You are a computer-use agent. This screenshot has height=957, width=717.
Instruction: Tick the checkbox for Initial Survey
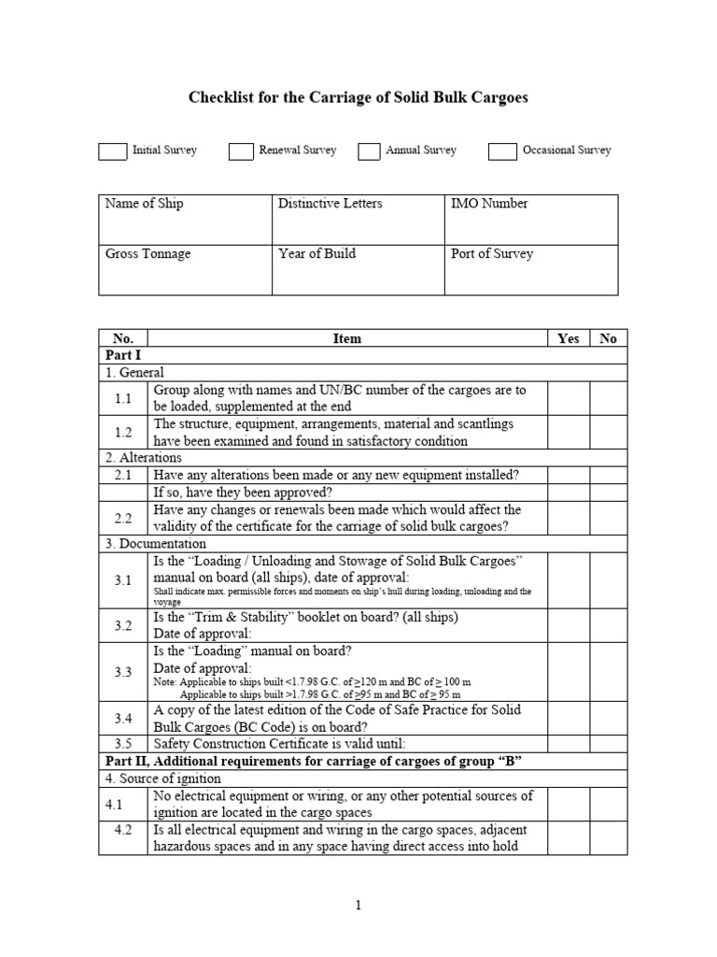[x=112, y=151]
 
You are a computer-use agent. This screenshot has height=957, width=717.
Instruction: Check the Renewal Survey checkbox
[x=242, y=151]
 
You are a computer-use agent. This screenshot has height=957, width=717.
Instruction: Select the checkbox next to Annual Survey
[x=370, y=151]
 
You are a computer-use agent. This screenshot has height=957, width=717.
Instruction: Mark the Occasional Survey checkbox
[x=502, y=151]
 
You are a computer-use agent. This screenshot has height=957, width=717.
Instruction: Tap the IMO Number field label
[x=489, y=204]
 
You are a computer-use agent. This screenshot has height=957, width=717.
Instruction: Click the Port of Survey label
[x=492, y=253]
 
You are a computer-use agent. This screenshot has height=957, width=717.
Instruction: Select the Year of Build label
[x=316, y=253]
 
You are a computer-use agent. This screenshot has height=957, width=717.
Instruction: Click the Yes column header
[x=568, y=338]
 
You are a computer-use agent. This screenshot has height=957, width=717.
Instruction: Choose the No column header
[x=609, y=338]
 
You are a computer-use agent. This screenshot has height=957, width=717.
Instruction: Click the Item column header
[x=346, y=338]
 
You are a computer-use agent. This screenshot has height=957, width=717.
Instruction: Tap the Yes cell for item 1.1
[x=568, y=397]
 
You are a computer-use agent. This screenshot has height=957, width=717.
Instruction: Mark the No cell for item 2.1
[x=609, y=475]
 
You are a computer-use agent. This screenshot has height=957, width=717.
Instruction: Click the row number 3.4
[x=123, y=718]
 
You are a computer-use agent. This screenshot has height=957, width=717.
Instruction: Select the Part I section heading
[x=119, y=355]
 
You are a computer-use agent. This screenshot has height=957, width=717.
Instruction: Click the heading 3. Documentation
[x=155, y=543]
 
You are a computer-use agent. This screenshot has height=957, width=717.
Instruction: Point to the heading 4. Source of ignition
[x=162, y=778]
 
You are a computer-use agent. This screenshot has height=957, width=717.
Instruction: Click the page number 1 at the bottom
[x=358, y=906]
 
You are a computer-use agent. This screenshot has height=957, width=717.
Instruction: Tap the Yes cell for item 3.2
[x=568, y=625]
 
